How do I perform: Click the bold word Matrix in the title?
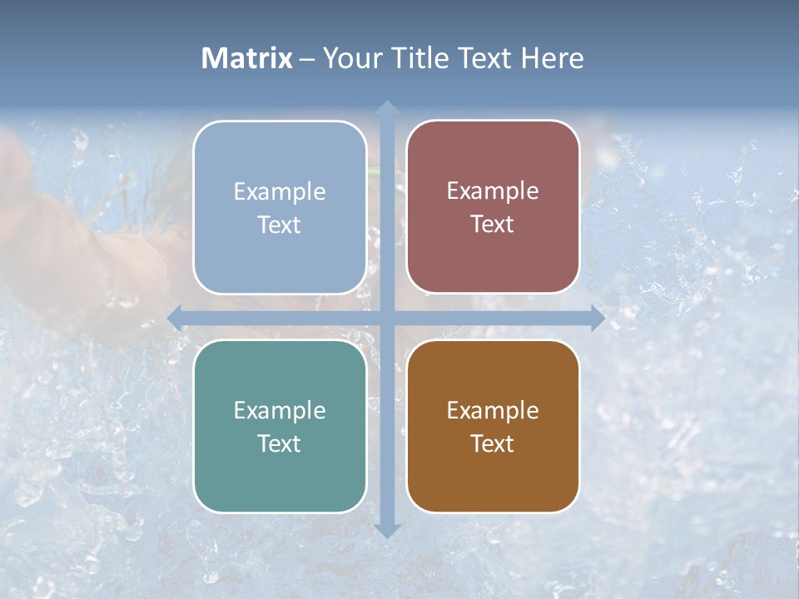pyautogui.click(x=247, y=58)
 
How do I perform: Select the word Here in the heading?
pyautogui.click(x=552, y=58)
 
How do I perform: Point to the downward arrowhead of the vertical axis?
pyautogui.click(x=386, y=530)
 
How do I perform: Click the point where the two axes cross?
pyautogui.click(x=386, y=318)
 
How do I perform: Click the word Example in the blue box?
pyautogui.click(x=280, y=192)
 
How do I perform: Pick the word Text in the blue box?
pyautogui.click(x=280, y=225)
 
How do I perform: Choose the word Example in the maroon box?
pyautogui.click(x=493, y=191)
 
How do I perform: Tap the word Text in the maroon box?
pyautogui.click(x=493, y=225)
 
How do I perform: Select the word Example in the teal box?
pyautogui.click(x=280, y=411)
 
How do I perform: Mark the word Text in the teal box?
pyautogui.click(x=280, y=444)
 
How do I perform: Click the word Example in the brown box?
pyautogui.click(x=493, y=411)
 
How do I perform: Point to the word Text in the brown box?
pyautogui.click(x=493, y=444)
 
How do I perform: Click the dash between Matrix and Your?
pyautogui.click(x=307, y=59)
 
